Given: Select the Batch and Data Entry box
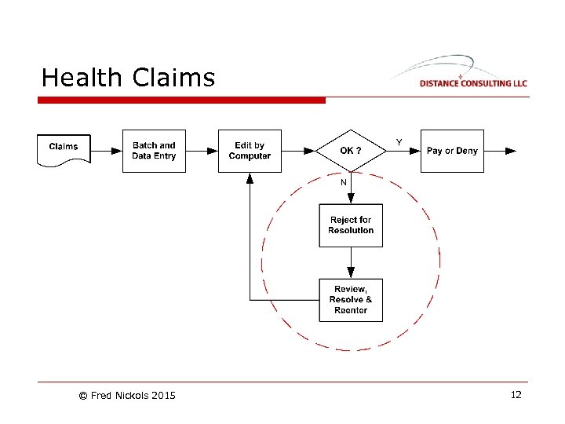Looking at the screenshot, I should click(x=154, y=151).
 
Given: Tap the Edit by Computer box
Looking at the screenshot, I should click(x=250, y=151).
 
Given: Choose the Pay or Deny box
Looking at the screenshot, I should click(x=452, y=151).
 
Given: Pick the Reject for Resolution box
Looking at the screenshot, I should click(x=351, y=225).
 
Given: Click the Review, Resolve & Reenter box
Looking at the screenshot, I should click(x=351, y=299).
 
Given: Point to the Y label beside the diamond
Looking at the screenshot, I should click(x=399, y=142).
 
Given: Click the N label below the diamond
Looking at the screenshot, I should click(x=343, y=182).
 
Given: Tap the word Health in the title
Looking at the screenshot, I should click(x=82, y=78).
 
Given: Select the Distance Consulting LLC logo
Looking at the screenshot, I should click(x=463, y=75).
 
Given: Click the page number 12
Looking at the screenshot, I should click(x=516, y=395).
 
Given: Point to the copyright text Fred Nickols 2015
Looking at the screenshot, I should click(x=127, y=395).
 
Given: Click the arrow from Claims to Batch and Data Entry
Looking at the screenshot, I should click(x=106, y=151).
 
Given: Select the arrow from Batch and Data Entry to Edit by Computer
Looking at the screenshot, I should click(x=202, y=151).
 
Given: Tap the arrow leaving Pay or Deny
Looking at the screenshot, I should click(x=500, y=151).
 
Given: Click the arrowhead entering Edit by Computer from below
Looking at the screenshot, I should click(x=250, y=178).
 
